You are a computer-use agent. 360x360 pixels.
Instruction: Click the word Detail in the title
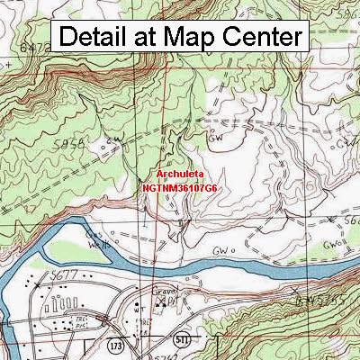tap(100, 37)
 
